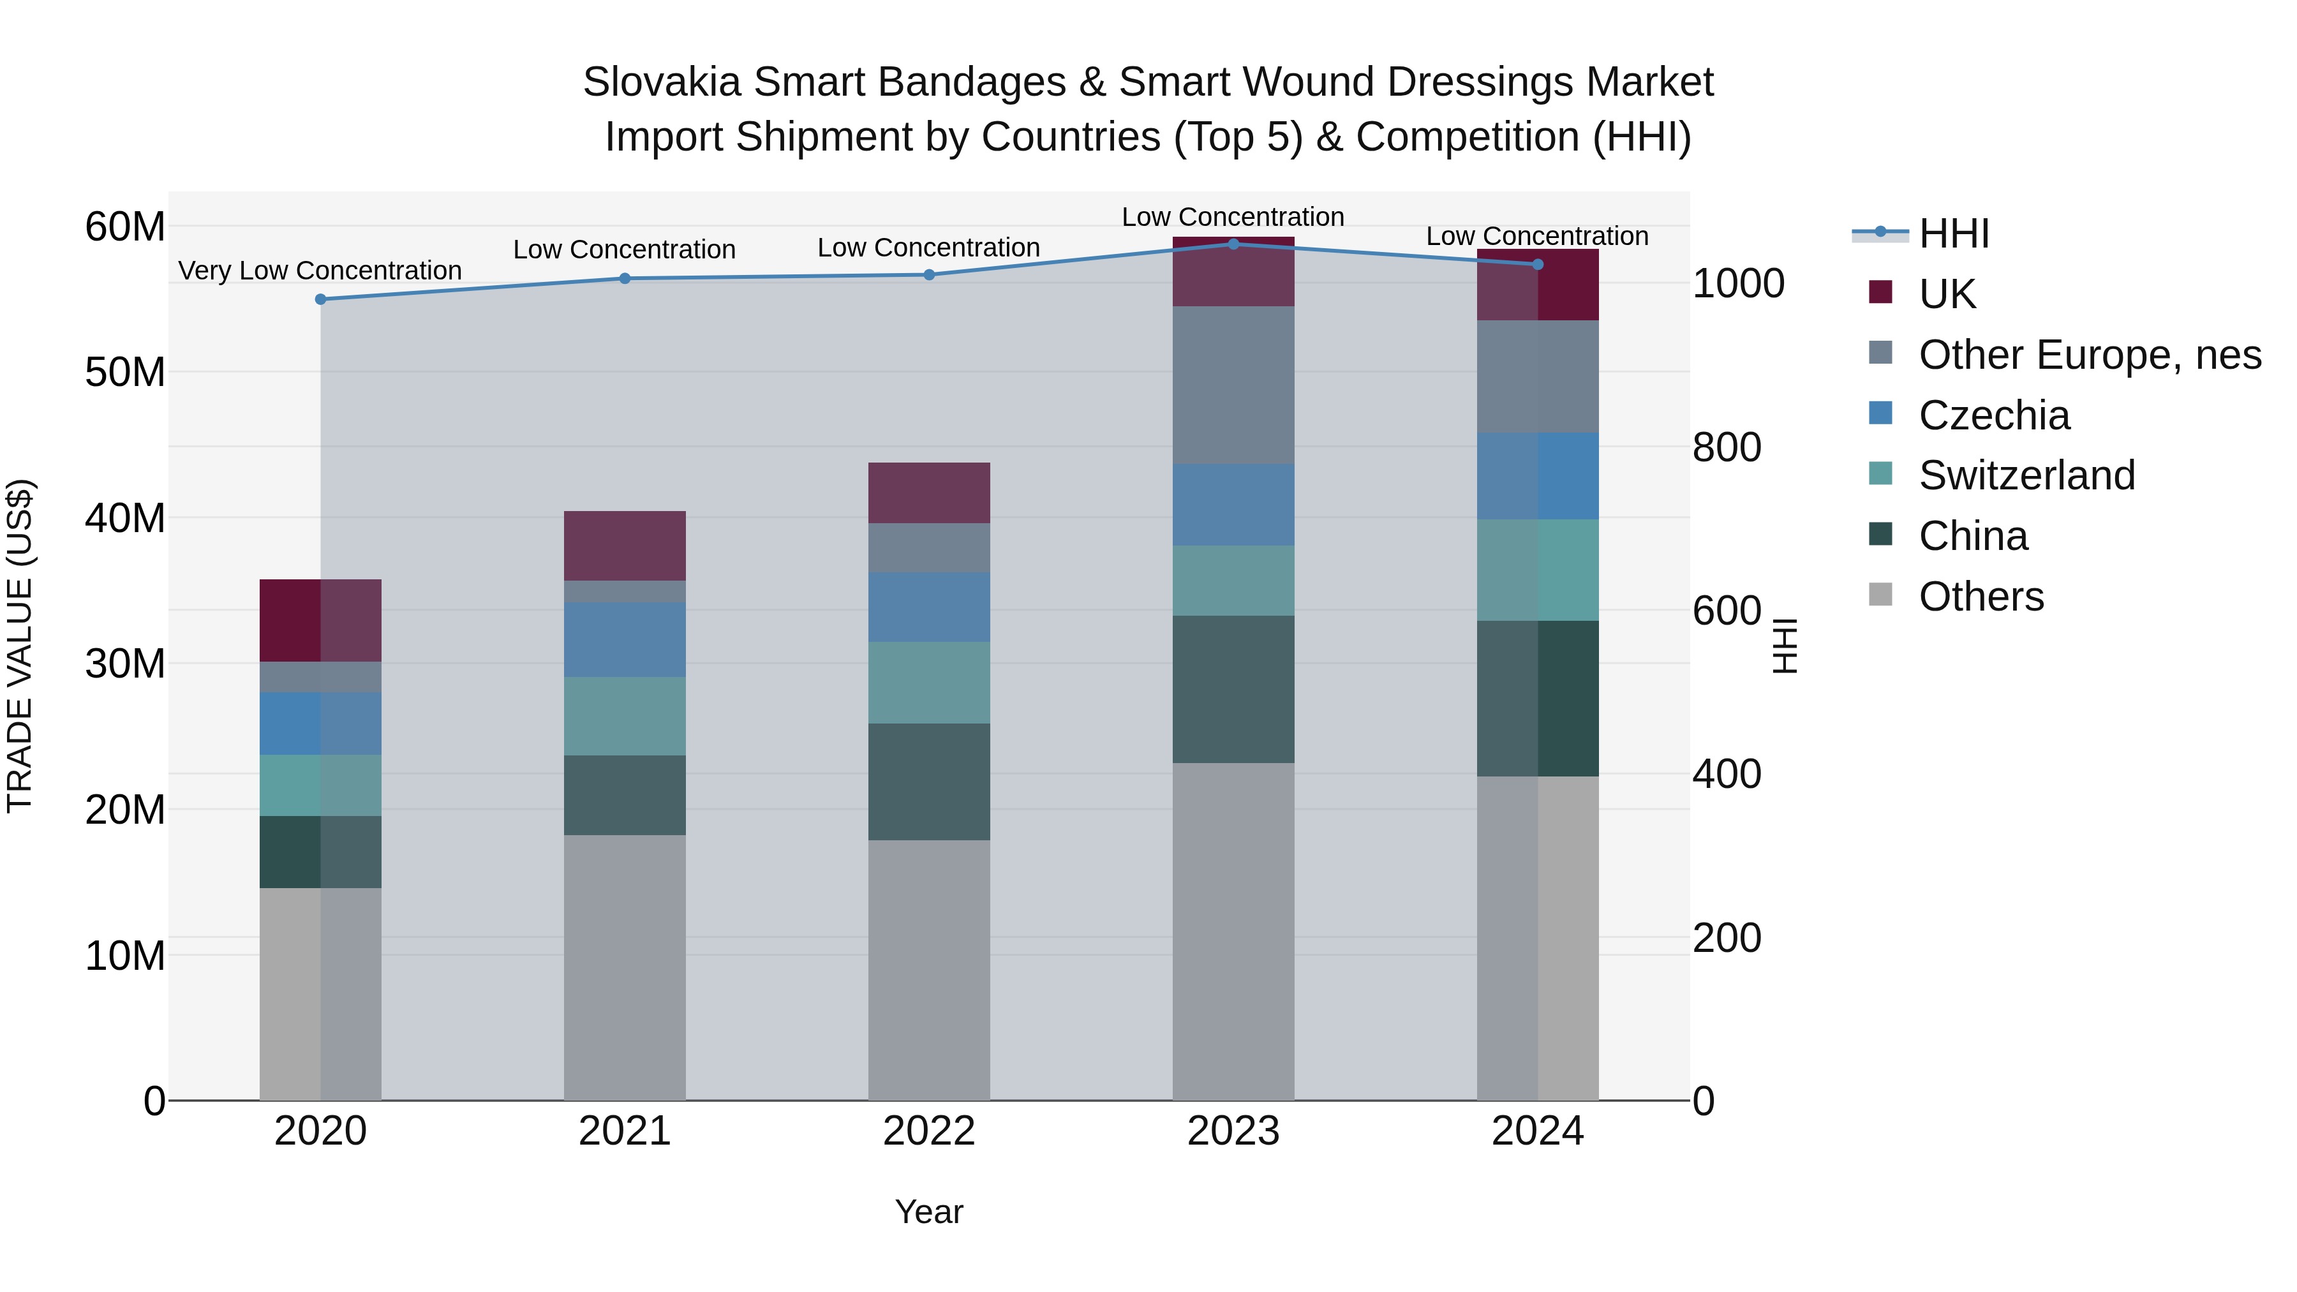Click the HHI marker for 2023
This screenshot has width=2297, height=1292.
coord(1233,244)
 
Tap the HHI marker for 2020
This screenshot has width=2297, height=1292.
coord(321,300)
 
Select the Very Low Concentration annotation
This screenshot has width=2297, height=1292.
coord(320,270)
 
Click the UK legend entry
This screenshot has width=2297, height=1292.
coord(1947,294)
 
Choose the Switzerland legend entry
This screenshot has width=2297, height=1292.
coord(2026,475)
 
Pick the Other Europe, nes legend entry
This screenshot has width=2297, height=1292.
coord(2089,355)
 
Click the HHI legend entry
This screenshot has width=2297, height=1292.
coord(1953,234)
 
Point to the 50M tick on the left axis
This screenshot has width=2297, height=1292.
coord(125,372)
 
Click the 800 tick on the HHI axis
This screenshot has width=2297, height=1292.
coord(1727,448)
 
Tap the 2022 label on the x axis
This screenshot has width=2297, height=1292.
coord(928,1131)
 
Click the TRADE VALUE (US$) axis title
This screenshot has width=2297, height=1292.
coord(20,646)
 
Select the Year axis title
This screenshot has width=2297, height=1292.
coord(928,1212)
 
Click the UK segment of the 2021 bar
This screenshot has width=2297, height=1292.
coord(624,546)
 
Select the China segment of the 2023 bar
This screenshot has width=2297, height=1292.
coord(1233,688)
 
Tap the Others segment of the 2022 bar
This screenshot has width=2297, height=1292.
coord(928,969)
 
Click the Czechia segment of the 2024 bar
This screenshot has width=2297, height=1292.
coord(1537,476)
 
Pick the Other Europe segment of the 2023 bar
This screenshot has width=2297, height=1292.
coord(1233,385)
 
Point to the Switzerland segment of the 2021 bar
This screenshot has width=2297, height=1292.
coord(624,716)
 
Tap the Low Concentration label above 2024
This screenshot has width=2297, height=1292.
coord(1536,236)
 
